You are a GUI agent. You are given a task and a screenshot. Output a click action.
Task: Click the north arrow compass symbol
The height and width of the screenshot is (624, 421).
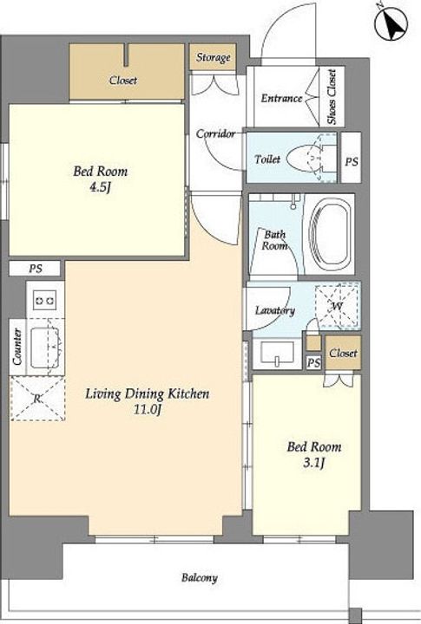tap(391, 24)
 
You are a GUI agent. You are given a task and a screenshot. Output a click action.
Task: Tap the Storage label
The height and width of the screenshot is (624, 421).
tap(213, 57)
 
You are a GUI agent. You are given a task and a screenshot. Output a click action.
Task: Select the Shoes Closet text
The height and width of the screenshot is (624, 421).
tap(332, 97)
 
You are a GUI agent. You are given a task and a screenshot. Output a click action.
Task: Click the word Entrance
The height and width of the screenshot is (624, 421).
tap(281, 98)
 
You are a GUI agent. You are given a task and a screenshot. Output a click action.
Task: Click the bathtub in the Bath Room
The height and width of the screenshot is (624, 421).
tap(330, 234)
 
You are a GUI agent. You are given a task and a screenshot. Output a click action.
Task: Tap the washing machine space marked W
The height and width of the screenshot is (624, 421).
tap(338, 306)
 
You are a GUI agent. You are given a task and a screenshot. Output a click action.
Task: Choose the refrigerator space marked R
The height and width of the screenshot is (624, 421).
tap(37, 399)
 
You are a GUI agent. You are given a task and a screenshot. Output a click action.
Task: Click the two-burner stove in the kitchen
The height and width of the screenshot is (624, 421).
tap(44, 300)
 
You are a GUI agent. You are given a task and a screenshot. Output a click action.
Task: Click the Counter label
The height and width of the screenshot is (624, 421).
tap(17, 346)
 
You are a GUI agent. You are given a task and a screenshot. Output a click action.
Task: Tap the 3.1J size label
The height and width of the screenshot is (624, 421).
tap(313, 463)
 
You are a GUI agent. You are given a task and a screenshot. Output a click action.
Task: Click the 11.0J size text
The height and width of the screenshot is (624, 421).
tap(147, 409)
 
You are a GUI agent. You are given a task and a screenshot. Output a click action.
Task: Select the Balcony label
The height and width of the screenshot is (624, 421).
tap(200, 577)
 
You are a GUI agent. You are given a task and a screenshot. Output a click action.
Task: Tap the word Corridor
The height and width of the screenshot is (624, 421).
tap(215, 133)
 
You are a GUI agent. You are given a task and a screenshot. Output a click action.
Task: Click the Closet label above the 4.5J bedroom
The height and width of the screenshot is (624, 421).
tap(123, 80)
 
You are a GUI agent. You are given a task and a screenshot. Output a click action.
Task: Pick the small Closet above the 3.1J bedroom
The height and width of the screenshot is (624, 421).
tap(343, 353)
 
